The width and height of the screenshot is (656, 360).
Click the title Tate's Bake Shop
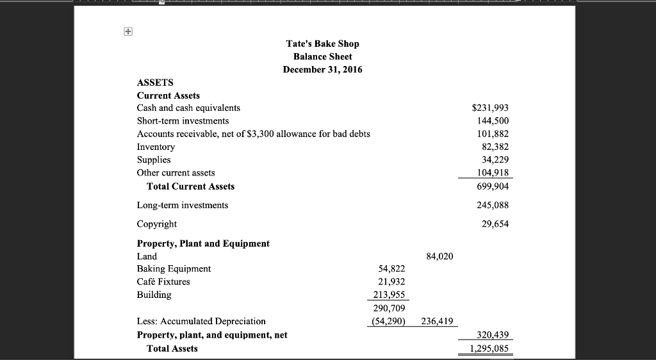pyautogui.click(x=322, y=44)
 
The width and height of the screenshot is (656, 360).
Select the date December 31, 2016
pyautogui.click(x=322, y=69)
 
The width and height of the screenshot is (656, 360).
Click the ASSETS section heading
pyautogui.click(x=155, y=83)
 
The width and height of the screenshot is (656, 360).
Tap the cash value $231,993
pyautogui.click(x=490, y=108)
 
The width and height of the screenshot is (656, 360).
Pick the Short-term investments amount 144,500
pyautogui.click(x=493, y=121)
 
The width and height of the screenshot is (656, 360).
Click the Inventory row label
pyautogui.click(x=156, y=147)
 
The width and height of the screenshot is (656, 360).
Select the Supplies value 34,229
pyautogui.click(x=495, y=160)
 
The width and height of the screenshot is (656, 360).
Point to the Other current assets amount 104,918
pyautogui.click(x=493, y=172)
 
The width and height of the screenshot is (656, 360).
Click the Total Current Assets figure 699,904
pyautogui.click(x=493, y=186)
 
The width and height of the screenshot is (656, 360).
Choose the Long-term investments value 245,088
pyautogui.click(x=493, y=205)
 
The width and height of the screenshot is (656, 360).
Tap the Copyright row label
pyautogui.click(x=157, y=224)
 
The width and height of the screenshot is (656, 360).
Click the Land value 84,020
pyautogui.click(x=439, y=256)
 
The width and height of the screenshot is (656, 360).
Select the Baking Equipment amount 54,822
pyautogui.click(x=391, y=269)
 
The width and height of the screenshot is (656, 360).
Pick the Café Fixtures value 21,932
pyautogui.click(x=391, y=282)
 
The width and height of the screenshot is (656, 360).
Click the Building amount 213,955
pyautogui.click(x=389, y=295)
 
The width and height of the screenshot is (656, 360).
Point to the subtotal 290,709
pyautogui.click(x=389, y=308)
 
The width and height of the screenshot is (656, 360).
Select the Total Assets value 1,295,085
pyautogui.click(x=490, y=349)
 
